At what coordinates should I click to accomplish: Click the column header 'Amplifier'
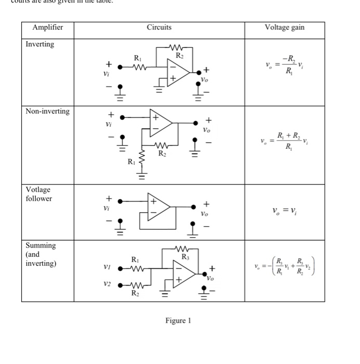(x=47, y=28)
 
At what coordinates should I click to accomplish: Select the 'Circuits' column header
(x=159, y=28)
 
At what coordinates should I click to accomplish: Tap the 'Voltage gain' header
(x=284, y=28)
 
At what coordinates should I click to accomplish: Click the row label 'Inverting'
(x=40, y=44)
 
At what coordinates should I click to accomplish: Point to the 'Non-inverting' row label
(x=47, y=111)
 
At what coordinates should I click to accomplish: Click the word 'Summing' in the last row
(x=41, y=245)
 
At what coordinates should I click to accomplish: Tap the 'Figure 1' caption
(x=178, y=320)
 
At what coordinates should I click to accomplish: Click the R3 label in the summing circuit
(x=185, y=256)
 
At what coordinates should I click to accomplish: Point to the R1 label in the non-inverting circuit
(x=131, y=162)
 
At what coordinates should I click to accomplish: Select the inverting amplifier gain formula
(x=284, y=67)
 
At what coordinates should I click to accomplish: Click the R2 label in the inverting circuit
(x=179, y=55)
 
